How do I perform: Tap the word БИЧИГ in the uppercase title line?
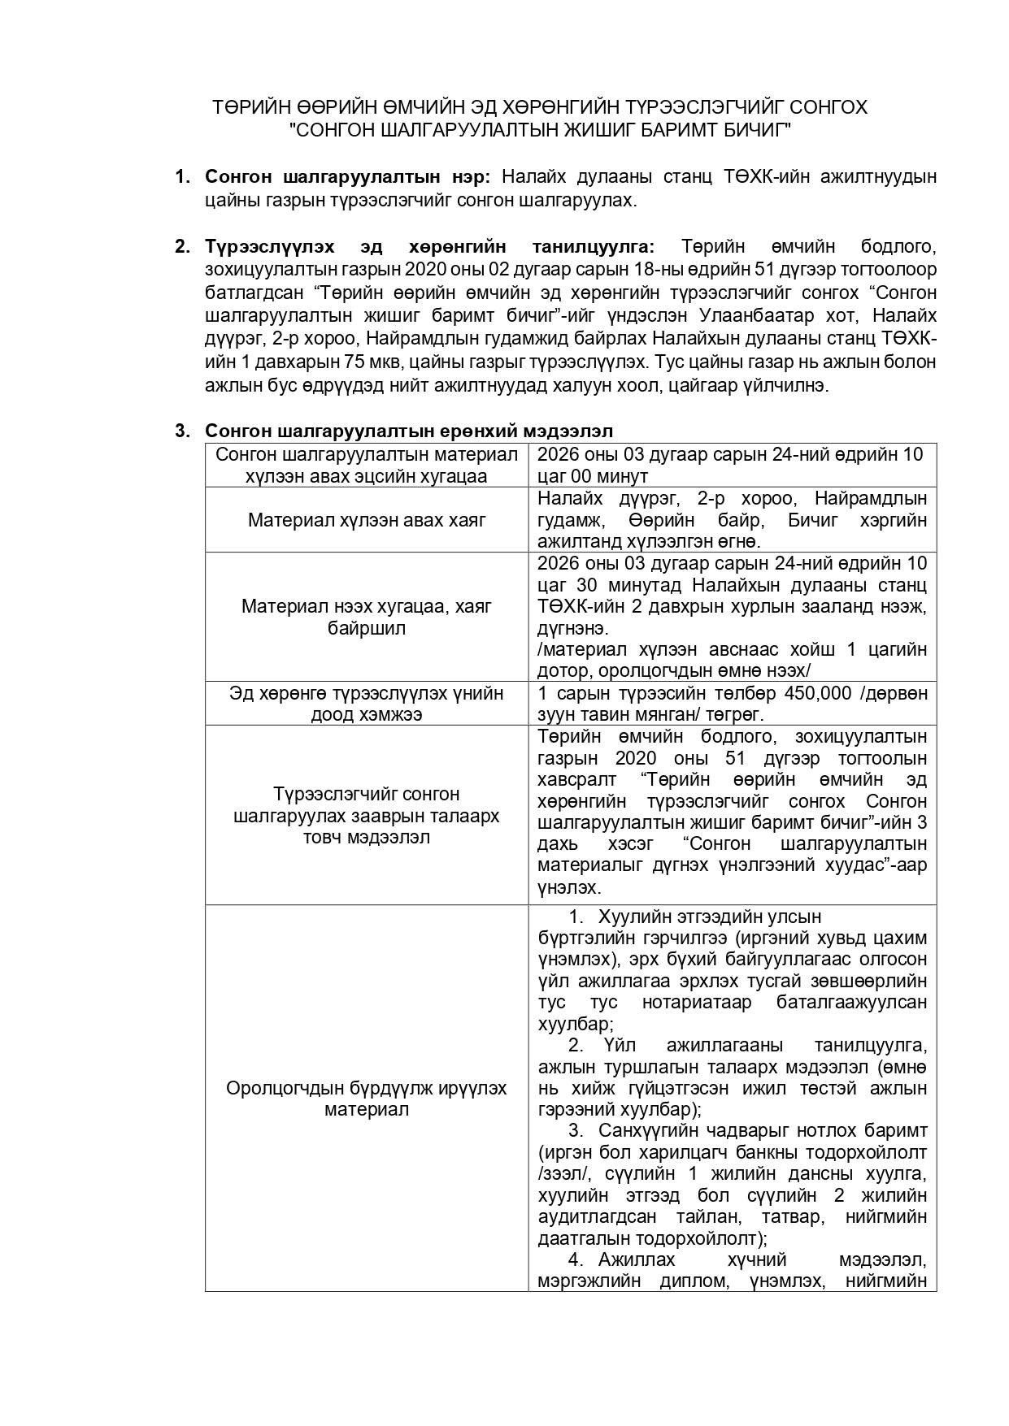(x=757, y=129)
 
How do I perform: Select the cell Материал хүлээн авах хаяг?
(x=367, y=520)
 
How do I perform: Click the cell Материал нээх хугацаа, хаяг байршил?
(x=367, y=618)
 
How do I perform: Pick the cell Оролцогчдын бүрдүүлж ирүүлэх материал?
(x=367, y=1099)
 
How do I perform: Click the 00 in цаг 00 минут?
(x=585, y=476)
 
